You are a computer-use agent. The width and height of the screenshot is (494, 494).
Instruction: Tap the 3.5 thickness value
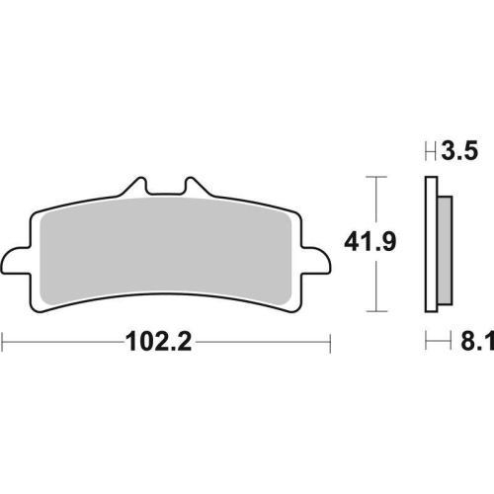click(x=461, y=152)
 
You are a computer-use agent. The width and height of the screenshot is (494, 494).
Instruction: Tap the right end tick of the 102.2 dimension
click(x=329, y=343)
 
